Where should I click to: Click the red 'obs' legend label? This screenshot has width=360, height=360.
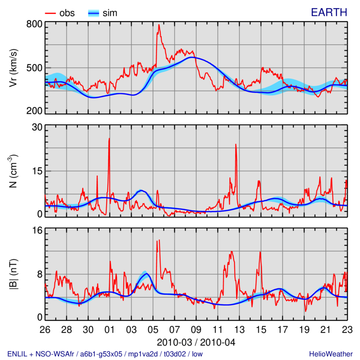tap(67, 13)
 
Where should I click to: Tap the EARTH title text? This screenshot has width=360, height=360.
tap(329, 13)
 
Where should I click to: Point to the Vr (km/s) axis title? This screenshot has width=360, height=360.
tap(14, 67)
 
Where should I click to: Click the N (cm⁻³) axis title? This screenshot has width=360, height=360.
tap(14, 171)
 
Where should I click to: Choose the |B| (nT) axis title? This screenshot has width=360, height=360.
tap(14, 274)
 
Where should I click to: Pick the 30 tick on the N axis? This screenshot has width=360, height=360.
tap(36, 127)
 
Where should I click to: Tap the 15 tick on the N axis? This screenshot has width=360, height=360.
tap(36, 171)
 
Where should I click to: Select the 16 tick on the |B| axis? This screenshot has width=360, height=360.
tap(36, 230)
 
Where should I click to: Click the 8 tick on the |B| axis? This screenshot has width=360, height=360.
tap(39, 274)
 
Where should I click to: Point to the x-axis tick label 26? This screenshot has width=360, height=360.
tap(45, 328)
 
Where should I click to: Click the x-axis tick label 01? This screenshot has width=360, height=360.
tap(109, 328)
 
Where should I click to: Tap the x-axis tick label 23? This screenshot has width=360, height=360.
tap(347, 328)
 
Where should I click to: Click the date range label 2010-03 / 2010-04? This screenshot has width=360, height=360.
tap(196, 342)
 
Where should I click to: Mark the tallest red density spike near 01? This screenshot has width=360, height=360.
tap(109, 139)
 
